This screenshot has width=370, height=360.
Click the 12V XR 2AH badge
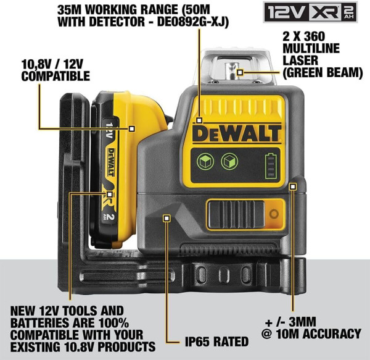point(310,12)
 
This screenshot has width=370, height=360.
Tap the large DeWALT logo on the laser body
point(237,133)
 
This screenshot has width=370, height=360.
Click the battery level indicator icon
point(271,165)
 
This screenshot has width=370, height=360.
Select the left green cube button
point(205,162)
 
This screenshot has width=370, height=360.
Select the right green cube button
point(229,161)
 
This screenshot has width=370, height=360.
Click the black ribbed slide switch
point(236,214)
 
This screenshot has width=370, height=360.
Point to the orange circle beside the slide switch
point(274,214)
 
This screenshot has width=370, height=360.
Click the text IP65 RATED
point(216,341)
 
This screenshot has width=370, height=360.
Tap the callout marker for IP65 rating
point(167,218)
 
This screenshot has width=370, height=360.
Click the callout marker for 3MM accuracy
point(293,186)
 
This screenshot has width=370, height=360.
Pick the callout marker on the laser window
point(240,72)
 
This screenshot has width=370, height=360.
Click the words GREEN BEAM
point(323,72)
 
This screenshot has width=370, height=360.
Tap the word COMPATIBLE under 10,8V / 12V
point(55,76)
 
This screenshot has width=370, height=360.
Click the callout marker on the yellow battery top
point(132,128)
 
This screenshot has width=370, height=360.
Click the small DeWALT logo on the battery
point(110,162)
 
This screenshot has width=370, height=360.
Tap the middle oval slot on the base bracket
point(224,275)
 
